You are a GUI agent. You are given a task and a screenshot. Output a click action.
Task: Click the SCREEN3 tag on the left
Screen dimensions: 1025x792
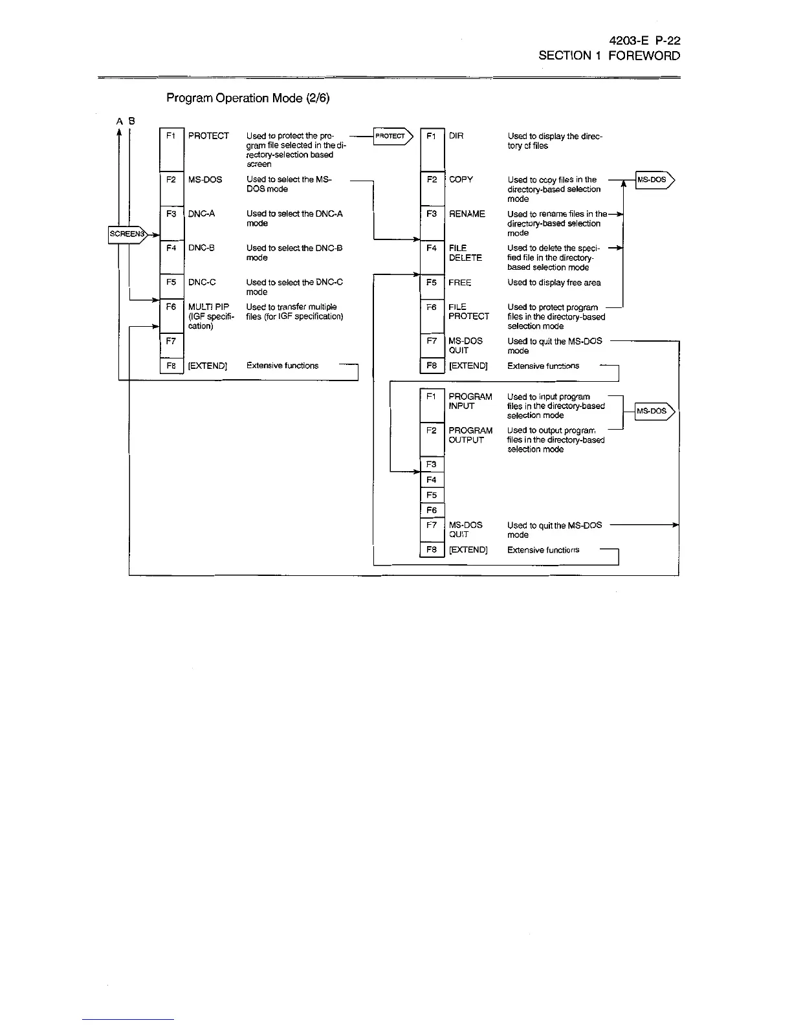(127, 234)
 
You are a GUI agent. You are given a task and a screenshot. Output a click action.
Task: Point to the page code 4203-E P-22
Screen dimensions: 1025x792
(645, 40)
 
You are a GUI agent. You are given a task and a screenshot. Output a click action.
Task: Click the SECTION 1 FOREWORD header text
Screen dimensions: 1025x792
(609, 56)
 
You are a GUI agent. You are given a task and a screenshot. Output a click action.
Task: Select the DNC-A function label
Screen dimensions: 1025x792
(201, 214)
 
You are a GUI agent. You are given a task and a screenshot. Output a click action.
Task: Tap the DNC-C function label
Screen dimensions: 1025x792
(202, 282)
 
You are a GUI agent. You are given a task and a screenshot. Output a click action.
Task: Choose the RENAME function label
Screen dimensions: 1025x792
(467, 214)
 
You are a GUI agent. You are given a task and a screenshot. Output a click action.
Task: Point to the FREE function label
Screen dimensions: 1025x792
(460, 283)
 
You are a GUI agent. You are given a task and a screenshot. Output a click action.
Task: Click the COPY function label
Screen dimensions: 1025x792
(461, 180)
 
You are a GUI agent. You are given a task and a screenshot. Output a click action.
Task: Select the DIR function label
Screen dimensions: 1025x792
(456, 136)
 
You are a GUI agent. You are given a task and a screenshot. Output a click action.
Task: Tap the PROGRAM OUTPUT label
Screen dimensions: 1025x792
(470, 435)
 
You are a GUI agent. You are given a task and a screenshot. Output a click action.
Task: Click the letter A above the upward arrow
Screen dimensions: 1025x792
(119, 121)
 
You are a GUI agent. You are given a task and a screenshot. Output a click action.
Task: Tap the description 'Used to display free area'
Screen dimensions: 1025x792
(554, 283)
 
